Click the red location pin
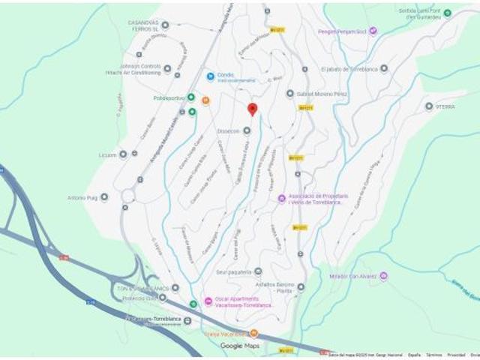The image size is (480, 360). tap(253, 109)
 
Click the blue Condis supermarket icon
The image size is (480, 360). tap(210, 76)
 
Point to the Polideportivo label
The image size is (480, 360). tap(168, 97)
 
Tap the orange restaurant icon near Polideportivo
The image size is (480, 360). tap(206, 100)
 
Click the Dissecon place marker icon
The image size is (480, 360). tap(246, 130)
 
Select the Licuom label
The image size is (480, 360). tap(107, 154)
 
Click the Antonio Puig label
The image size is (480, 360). tap(82, 197)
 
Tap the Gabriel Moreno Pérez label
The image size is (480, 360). tap(323, 94)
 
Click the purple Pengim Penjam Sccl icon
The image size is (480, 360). tap(373, 31)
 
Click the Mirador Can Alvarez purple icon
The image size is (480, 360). tap(383, 276)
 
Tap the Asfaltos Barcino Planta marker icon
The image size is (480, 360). tap(301, 286)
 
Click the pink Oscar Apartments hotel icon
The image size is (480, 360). tap(208, 301)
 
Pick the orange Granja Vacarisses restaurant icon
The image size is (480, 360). tap(254, 333)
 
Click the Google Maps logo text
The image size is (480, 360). tap(240, 346)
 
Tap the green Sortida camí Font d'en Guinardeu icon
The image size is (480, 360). tap(447, 13)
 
